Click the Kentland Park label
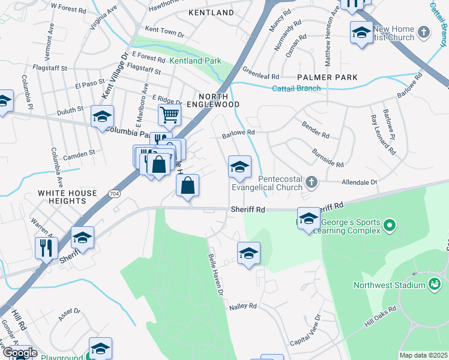tap(195, 61)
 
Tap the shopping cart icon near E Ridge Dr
tap(170, 114)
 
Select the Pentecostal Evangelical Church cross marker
tap(311, 181)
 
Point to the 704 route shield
tap(114, 193)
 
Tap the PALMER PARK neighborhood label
tap(328, 77)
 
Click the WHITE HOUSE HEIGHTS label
tap(67, 197)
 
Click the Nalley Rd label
tap(243, 306)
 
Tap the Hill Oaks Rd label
tap(380, 316)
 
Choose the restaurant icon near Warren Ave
tap(46, 246)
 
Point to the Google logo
tap(19, 353)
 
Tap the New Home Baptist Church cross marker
tap(424, 31)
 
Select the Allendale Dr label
tap(358, 181)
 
